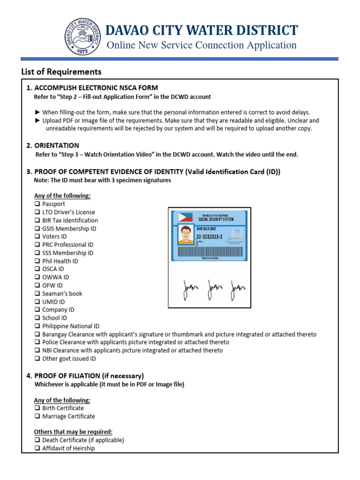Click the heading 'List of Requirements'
tap(61, 72)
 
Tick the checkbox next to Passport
tap(37, 204)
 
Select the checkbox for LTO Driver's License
tap(37, 212)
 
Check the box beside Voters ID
tap(37, 237)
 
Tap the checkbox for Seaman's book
tap(37, 293)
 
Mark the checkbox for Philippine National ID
tap(37, 326)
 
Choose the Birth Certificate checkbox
tap(37, 408)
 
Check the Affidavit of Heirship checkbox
tap(37, 448)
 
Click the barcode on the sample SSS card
tap(210, 251)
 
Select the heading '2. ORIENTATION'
tap(52, 145)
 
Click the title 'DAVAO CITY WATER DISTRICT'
tap(202, 30)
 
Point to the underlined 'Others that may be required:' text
tap(73, 432)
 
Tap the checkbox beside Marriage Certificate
tap(37, 416)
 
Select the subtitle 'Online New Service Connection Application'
tap(202, 45)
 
